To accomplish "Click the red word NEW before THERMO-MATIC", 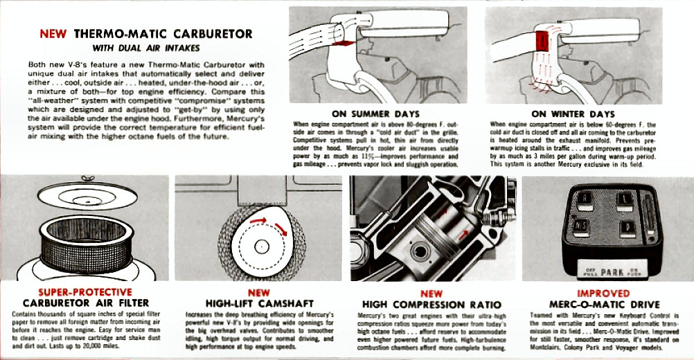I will (x=53, y=33).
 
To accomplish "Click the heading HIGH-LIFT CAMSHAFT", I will (x=260, y=303).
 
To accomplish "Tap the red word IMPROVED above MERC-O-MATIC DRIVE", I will (x=603, y=293).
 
